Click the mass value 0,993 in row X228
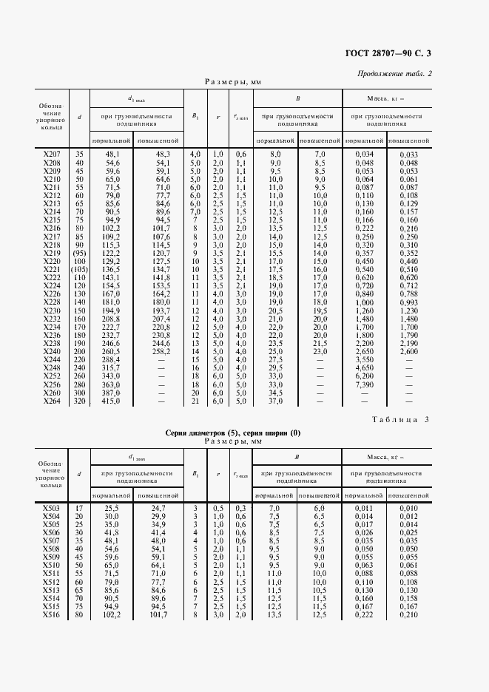pyautogui.click(x=409, y=302)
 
